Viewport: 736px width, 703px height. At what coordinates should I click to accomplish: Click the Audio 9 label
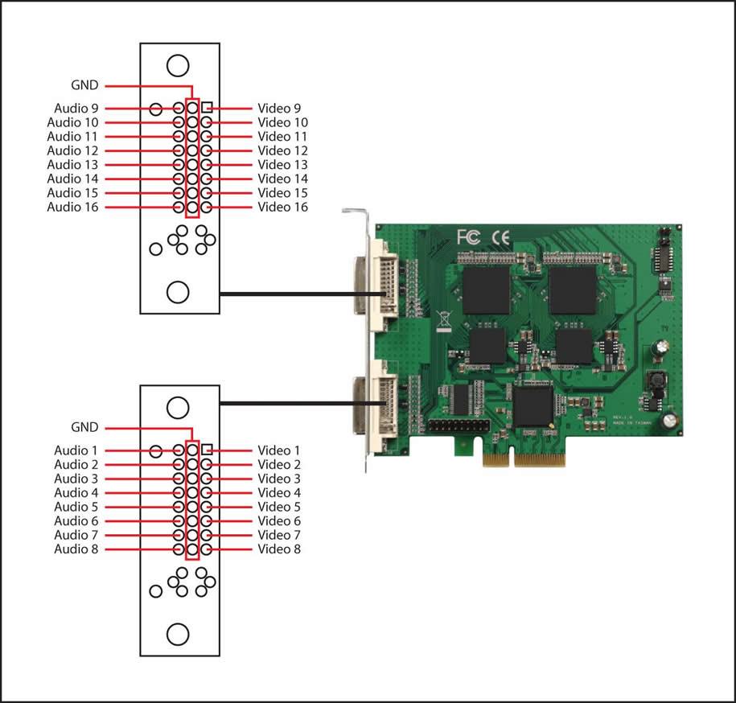76,109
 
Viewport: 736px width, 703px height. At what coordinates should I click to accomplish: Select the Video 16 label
282,207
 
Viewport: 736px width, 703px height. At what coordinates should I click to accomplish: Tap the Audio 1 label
76,450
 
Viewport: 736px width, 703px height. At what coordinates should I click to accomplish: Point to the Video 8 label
279,549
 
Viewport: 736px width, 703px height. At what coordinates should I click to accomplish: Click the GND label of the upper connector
84,85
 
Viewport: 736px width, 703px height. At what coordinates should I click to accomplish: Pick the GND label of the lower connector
84,427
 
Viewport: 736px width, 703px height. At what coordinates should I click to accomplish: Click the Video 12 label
282,150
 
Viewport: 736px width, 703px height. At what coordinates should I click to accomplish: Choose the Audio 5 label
76,507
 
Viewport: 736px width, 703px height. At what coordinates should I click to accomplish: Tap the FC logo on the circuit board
469,237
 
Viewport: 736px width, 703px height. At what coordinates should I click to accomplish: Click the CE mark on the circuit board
500,238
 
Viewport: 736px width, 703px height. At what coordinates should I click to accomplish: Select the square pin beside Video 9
207,108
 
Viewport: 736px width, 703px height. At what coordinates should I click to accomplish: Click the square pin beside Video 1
207,450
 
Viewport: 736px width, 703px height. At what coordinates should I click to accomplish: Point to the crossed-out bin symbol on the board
443,321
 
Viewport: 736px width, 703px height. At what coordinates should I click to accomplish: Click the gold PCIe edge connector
524,460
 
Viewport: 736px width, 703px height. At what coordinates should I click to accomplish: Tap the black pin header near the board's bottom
458,426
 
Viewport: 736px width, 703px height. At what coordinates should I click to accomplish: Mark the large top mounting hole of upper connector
178,65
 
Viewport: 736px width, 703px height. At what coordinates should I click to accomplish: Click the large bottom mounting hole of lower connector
178,635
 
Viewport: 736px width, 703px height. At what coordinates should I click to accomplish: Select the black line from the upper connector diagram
302,294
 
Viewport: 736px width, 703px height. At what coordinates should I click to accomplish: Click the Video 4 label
279,493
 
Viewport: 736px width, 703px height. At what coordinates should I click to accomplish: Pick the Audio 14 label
72,179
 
